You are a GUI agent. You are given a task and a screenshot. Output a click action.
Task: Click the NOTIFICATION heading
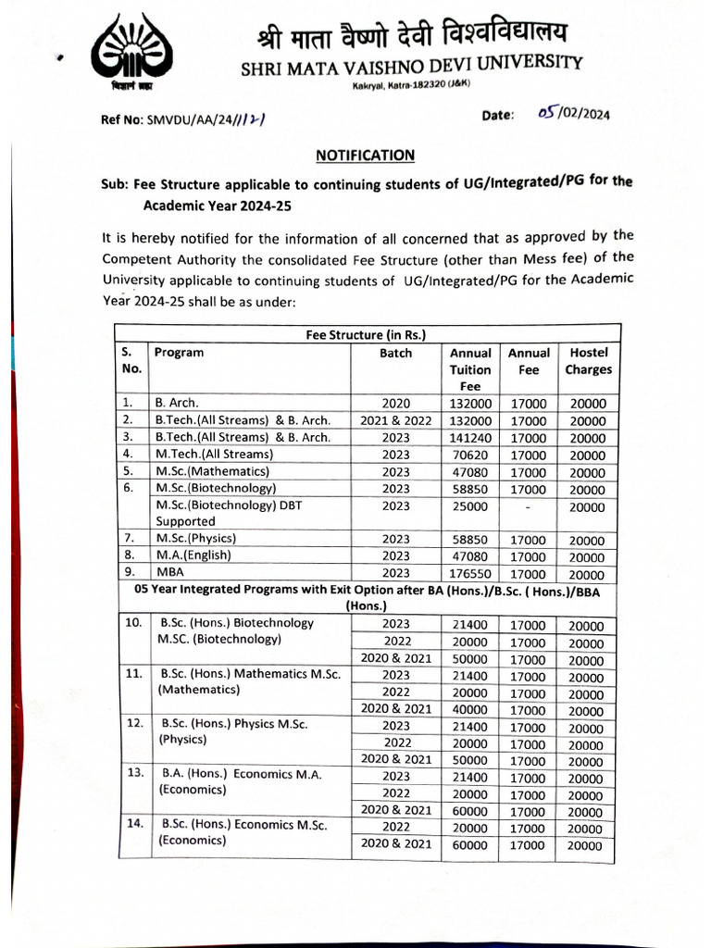tap(365, 155)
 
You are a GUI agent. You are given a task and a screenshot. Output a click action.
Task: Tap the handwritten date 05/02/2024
tap(574, 113)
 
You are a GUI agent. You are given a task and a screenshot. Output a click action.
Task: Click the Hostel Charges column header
tap(588, 361)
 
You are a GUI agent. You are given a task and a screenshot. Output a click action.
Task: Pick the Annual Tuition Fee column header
tap(470, 369)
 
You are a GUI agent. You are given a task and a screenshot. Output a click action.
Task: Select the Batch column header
tap(395, 353)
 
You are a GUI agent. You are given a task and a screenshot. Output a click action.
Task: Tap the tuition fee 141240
tap(470, 438)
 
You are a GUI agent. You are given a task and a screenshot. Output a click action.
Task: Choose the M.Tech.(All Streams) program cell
tap(214, 455)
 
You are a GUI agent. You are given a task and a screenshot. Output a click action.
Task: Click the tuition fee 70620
tap(470, 455)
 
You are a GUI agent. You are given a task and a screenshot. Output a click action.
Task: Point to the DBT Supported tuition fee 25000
tap(470, 506)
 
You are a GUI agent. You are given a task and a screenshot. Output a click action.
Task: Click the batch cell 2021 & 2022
tap(395, 420)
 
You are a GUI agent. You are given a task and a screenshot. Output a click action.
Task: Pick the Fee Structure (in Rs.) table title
tap(365, 334)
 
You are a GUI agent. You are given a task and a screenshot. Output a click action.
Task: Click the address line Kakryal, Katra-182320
tap(412, 86)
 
